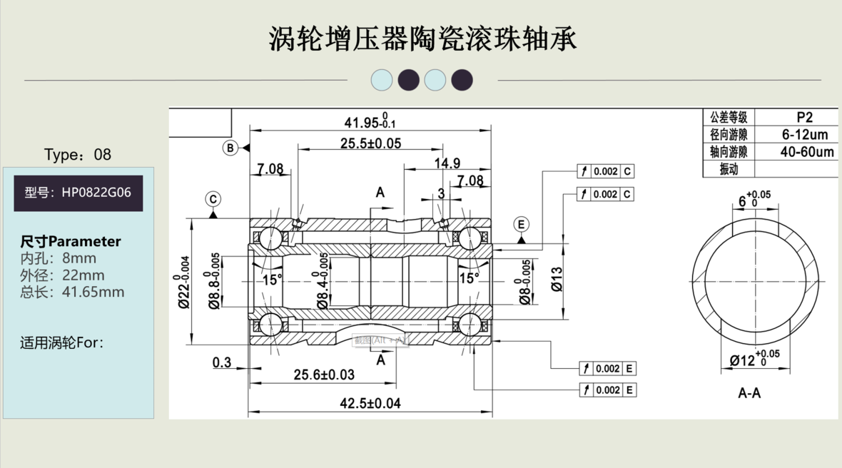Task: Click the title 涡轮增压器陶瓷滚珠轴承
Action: click(x=422, y=39)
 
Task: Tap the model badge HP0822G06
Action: click(x=78, y=193)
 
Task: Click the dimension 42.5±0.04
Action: click(x=370, y=403)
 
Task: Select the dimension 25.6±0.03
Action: click(x=325, y=375)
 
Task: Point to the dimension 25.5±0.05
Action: click(x=370, y=143)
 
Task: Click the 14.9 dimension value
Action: click(x=447, y=163)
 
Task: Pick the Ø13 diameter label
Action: click(x=557, y=278)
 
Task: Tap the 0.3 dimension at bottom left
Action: click(x=222, y=363)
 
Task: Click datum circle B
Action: click(x=230, y=148)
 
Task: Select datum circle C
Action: click(x=213, y=199)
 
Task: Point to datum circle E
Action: click(x=522, y=225)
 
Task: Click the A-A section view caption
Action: click(x=749, y=393)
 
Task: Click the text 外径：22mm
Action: click(x=62, y=275)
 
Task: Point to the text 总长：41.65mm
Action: click(x=72, y=292)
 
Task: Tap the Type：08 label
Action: click(x=78, y=155)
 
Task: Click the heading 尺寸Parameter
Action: click(x=71, y=241)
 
